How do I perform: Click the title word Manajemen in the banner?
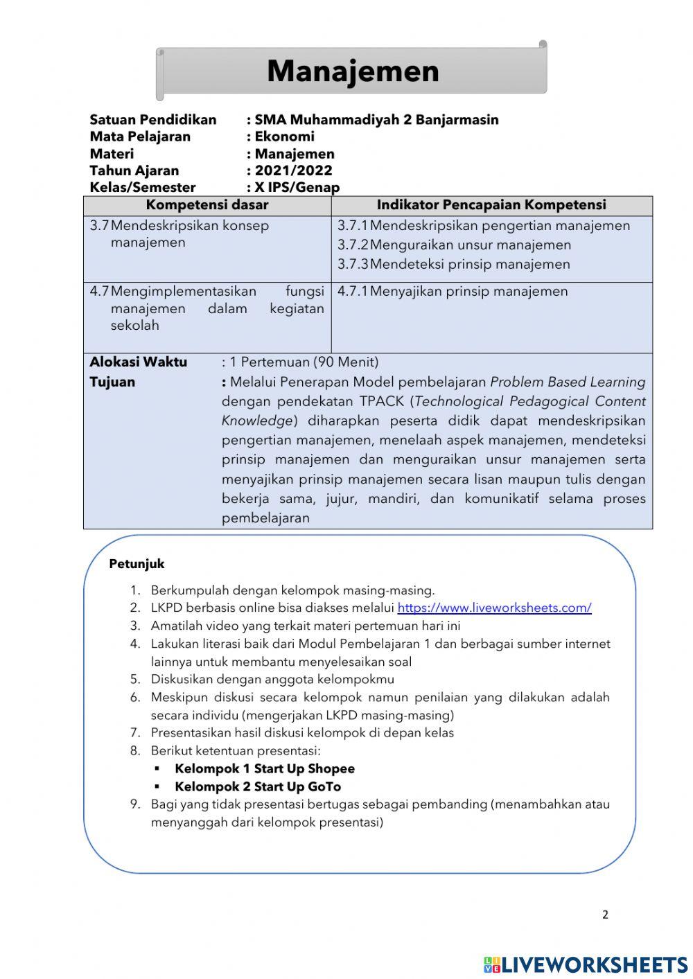pos(353,71)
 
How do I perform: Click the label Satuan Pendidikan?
pos(152,120)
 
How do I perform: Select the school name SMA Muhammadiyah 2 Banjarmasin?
pos(376,120)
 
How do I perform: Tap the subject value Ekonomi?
pos(284,136)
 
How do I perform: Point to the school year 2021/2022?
pos(293,170)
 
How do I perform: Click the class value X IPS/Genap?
pos(297,187)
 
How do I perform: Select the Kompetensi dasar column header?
pos(207,205)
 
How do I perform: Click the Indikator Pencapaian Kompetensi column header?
pos(491,205)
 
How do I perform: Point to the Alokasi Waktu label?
pos(138,362)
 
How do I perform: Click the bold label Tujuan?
pos(112,382)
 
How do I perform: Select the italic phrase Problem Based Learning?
pos(568,382)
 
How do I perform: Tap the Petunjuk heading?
pos(137,564)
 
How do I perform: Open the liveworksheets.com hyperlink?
pos(494,608)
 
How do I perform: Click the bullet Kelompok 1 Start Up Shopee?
pos(264,769)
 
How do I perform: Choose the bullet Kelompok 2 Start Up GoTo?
pos(257,787)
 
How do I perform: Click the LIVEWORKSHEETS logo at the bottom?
pos(586,964)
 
